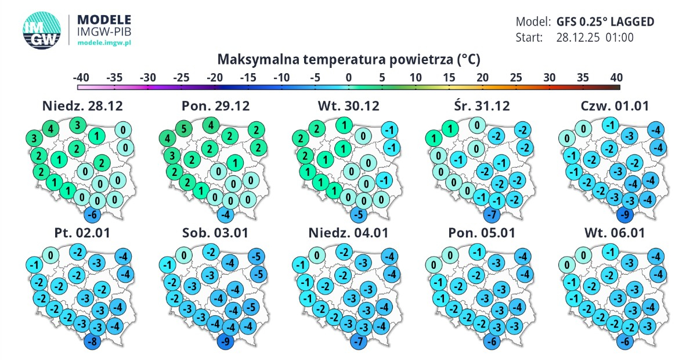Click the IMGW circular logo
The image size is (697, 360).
[42, 31]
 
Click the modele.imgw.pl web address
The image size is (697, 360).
[104, 42]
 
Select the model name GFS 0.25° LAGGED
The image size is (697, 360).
[605, 22]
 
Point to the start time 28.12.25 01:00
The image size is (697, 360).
[595, 37]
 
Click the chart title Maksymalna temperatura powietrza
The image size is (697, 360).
[348, 59]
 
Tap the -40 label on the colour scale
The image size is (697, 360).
[81, 77]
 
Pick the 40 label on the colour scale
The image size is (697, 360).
[616, 77]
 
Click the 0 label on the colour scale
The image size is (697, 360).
[348, 77]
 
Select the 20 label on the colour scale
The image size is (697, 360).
[482, 77]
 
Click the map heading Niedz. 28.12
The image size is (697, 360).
[82, 106]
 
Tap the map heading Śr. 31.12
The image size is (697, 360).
[482, 106]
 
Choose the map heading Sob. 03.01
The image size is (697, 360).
[215, 233]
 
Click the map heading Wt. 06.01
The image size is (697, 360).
[615, 233]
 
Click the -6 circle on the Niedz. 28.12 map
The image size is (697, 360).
[92, 215]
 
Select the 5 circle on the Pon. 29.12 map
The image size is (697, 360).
[184, 128]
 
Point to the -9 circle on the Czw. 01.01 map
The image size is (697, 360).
[625, 215]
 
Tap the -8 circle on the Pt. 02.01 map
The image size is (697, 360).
[92, 341]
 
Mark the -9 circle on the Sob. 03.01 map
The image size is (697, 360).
[226, 341]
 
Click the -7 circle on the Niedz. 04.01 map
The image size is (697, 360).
[359, 341]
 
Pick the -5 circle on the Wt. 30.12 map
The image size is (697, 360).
[359, 215]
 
